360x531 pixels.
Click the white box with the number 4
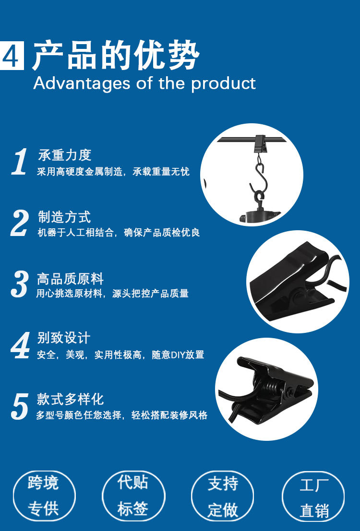point(12,56)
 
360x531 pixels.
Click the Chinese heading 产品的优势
point(116,56)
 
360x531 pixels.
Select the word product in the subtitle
point(223,84)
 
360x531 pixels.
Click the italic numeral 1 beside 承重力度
point(20,162)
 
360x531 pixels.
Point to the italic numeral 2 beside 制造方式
point(20,223)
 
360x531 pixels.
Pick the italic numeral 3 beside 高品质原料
point(20,284)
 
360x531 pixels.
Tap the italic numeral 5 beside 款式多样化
point(20,407)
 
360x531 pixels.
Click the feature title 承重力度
point(64,155)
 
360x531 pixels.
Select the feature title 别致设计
point(63,338)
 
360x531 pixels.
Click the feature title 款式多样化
point(70,399)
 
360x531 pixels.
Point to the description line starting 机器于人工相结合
point(119,233)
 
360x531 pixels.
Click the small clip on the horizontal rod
point(260,142)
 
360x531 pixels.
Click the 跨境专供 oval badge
point(44,496)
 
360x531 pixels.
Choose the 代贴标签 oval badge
point(133,496)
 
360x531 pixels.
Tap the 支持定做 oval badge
point(223,496)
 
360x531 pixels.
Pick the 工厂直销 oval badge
point(313,496)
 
